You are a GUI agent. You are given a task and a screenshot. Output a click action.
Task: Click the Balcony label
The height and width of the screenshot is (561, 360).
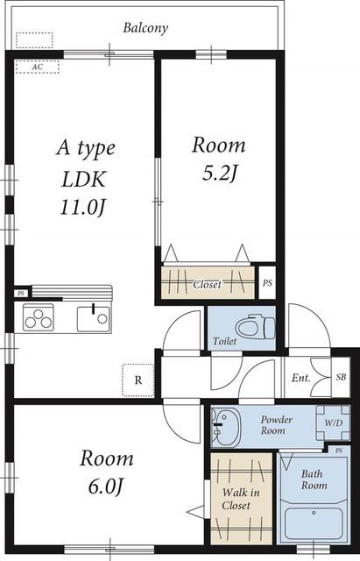coord(145,28)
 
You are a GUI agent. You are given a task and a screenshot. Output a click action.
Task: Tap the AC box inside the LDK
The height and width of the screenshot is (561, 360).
coord(38,67)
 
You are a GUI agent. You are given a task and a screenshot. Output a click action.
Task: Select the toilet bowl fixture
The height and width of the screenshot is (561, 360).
coord(255,327)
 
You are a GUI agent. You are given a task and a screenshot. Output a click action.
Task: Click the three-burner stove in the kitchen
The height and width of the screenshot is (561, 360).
coord(39,317)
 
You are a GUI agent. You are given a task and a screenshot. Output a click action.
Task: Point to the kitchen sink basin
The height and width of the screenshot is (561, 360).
coord(94,318)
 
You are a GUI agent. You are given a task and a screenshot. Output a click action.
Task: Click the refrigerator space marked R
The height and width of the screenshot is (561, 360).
coord(138,380)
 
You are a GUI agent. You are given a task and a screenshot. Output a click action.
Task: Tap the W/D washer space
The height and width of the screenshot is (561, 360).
coord(333,423)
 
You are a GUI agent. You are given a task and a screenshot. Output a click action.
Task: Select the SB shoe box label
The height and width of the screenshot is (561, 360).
coord(341,377)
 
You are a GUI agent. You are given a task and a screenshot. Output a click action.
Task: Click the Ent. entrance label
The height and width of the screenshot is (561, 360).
coord(301,378)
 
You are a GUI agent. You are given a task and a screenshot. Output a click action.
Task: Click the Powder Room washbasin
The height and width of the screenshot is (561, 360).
coord(226,427)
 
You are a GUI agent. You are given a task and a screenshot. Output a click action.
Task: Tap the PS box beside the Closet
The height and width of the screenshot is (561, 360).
coord(267,283)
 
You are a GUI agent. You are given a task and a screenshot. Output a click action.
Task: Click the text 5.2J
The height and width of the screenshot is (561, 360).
coord(220,174)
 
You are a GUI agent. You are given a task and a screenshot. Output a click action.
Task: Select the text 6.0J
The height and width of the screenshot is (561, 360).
coord(106,486)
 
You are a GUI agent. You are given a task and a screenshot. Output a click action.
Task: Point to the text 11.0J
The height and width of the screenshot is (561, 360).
coord(83,207)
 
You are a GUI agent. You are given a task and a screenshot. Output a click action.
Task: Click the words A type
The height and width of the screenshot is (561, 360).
coord(86,148)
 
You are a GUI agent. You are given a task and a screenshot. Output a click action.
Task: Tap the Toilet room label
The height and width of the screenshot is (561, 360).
coord(224,341)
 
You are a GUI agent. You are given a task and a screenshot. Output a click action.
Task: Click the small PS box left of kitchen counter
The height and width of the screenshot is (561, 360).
coord(21,294)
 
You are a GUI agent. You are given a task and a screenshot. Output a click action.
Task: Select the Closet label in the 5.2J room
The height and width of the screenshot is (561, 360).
coord(207,285)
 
